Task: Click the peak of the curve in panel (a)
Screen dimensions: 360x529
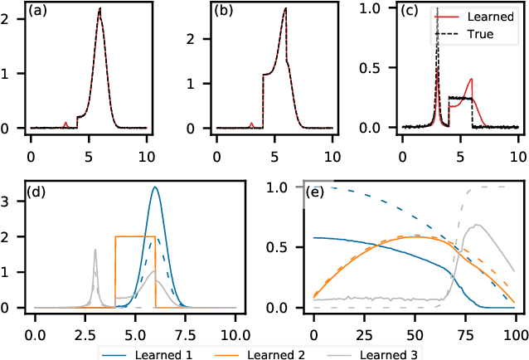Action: (x=100, y=9)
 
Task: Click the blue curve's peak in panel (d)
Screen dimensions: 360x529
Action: (x=155, y=187)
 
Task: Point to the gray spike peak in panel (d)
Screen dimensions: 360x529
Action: (x=95, y=249)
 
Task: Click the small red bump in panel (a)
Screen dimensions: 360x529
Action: (x=66, y=123)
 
